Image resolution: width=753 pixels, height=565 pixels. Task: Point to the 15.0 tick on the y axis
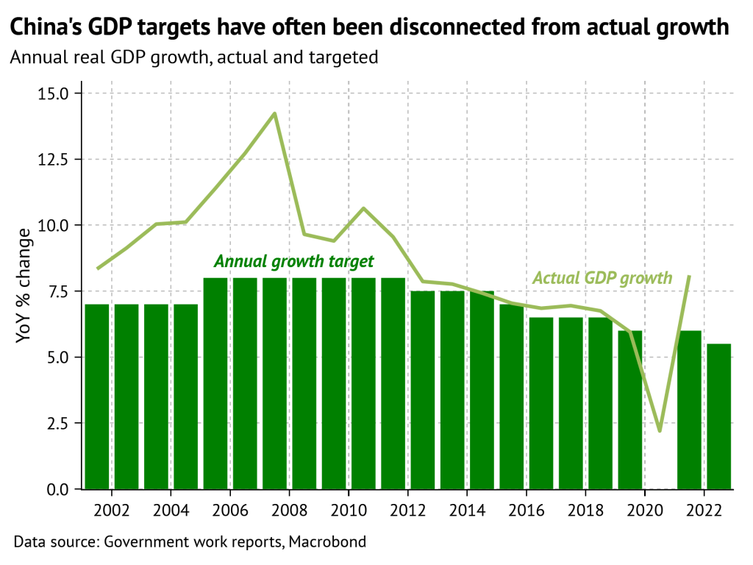(x=52, y=93)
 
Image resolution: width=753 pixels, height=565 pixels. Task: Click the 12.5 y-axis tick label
(x=52, y=160)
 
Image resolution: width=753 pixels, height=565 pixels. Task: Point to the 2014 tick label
(x=468, y=509)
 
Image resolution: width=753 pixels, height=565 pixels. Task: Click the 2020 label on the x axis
(x=646, y=509)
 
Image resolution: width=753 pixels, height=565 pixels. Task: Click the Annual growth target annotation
(x=293, y=261)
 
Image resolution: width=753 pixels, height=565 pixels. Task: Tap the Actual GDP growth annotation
(x=602, y=277)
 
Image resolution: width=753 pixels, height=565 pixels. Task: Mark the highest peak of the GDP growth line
(x=274, y=113)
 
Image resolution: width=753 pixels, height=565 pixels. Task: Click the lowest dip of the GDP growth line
(x=660, y=430)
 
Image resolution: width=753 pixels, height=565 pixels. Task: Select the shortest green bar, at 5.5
(x=720, y=416)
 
